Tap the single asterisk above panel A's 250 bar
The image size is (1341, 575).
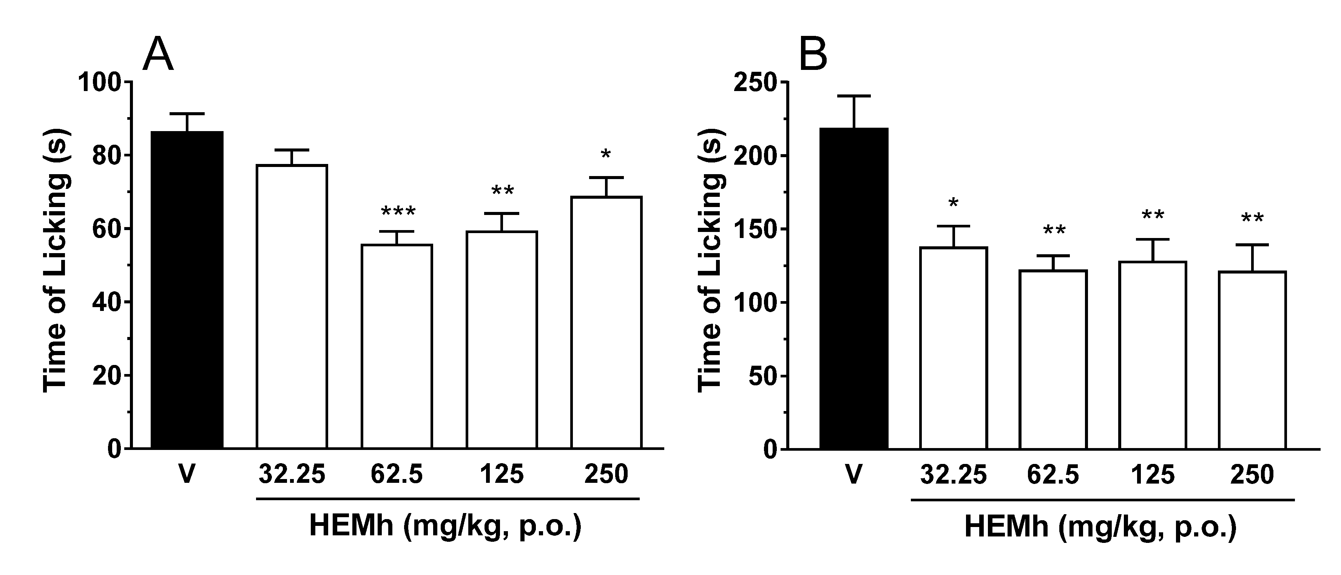click(605, 155)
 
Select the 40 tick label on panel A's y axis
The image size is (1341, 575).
click(107, 303)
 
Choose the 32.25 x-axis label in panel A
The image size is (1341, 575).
click(292, 474)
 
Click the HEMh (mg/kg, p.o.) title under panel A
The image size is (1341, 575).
click(445, 526)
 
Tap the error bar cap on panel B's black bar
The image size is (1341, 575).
click(854, 96)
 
